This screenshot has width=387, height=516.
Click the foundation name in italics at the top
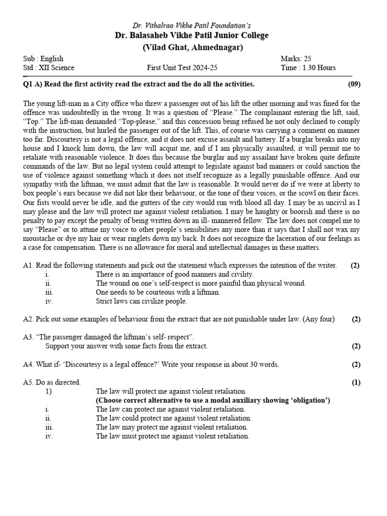[x=191, y=25]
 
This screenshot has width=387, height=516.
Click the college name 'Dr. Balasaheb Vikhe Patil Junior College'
[x=191, y=35]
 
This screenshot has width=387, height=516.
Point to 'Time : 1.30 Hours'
[x=307, y=68]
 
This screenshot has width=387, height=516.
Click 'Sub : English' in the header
[x=43, y=59]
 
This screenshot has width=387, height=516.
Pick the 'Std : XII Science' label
[x=48, y=68]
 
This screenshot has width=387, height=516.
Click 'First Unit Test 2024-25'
[x=182, y=68]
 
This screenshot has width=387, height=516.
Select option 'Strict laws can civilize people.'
[x=141, y=301]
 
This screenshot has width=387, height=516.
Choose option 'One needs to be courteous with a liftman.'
[x=158, y=292]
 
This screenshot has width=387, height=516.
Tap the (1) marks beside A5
[x=356, y=382]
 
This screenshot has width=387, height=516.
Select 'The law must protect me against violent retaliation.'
[x=172, y=436]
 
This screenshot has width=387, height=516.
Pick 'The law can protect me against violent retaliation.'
[x=170, y=409]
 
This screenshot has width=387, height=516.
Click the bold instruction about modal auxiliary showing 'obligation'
[x=213, y=400]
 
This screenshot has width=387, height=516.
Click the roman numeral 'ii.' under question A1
[x=48, y=283]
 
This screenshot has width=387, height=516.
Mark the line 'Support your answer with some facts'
[x=126, y=346]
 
